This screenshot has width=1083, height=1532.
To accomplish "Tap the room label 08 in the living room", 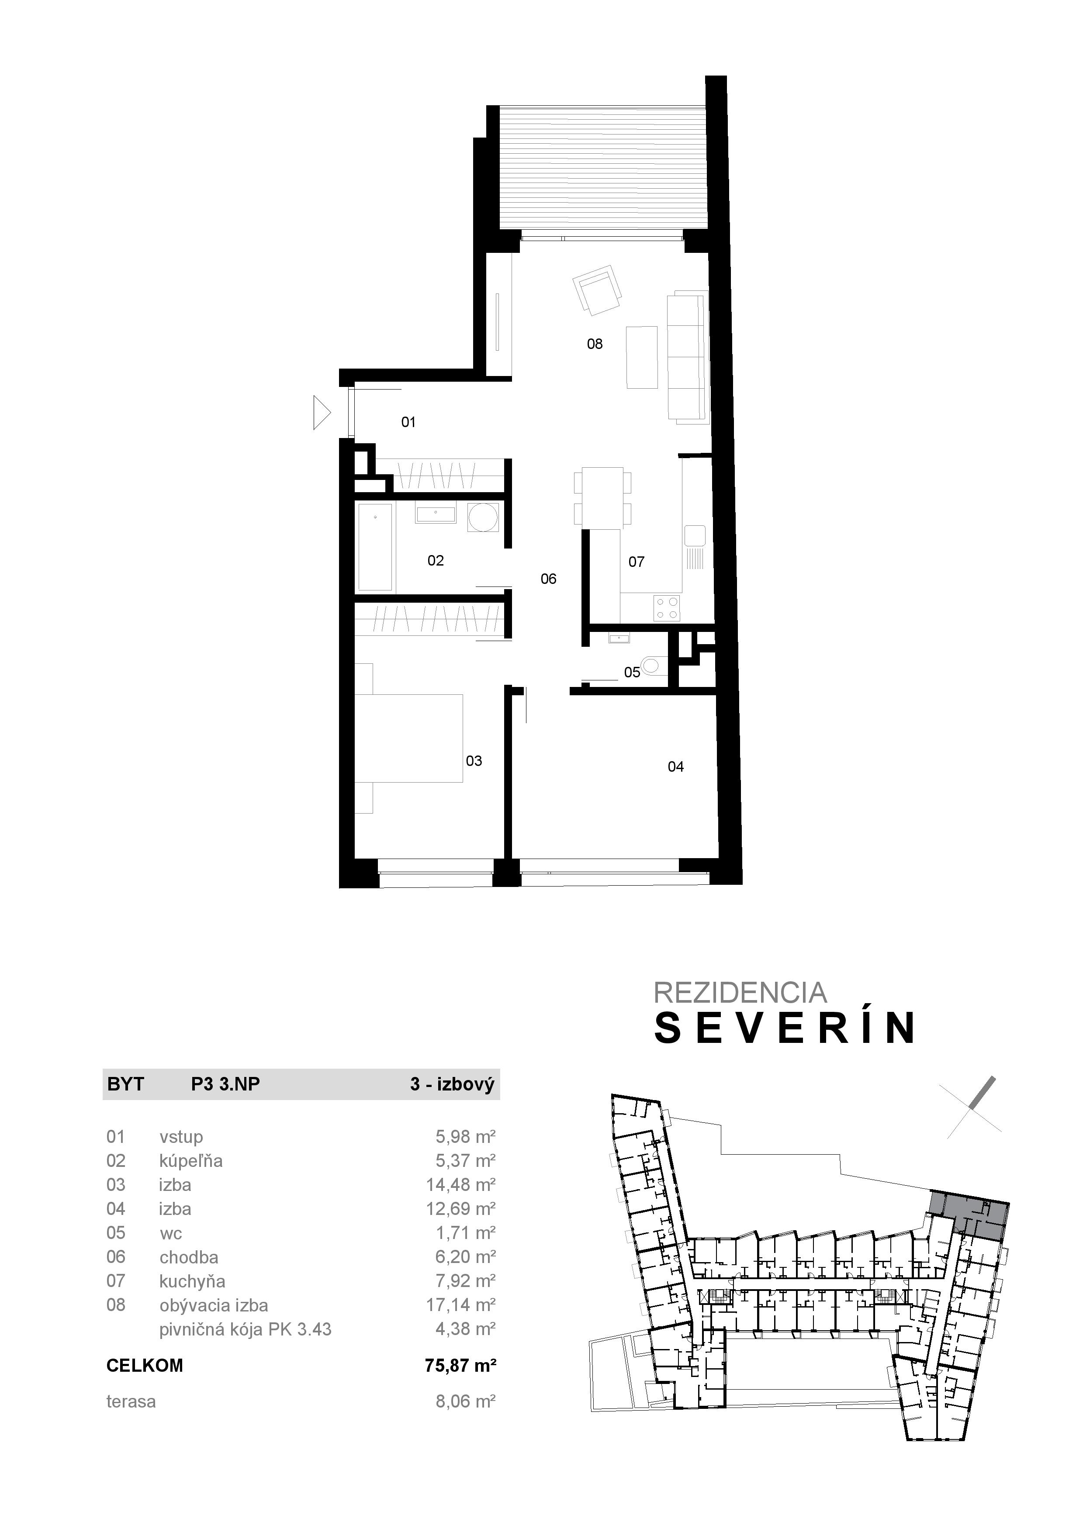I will (595, 344).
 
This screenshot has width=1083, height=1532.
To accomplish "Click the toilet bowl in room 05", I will (653, 665).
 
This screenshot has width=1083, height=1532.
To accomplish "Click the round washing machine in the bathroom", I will (482, 517).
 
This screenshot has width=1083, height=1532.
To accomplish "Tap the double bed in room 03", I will (408, 738).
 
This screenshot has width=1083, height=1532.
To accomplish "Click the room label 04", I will (675, 767).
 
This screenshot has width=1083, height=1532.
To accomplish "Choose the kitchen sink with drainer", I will (695, 547).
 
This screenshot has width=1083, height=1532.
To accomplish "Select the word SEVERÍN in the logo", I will (785, 1029).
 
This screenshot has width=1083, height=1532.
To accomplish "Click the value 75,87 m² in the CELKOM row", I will (460, 1366).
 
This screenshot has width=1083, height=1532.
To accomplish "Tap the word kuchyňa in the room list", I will (192, 1282).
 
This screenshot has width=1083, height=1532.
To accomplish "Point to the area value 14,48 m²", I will (460, 1185).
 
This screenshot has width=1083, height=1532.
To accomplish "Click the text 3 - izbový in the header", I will (452, 1084).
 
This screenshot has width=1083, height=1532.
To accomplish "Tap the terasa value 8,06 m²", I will (465, 1402).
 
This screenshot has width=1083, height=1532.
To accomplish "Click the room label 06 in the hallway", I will (549, 579).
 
